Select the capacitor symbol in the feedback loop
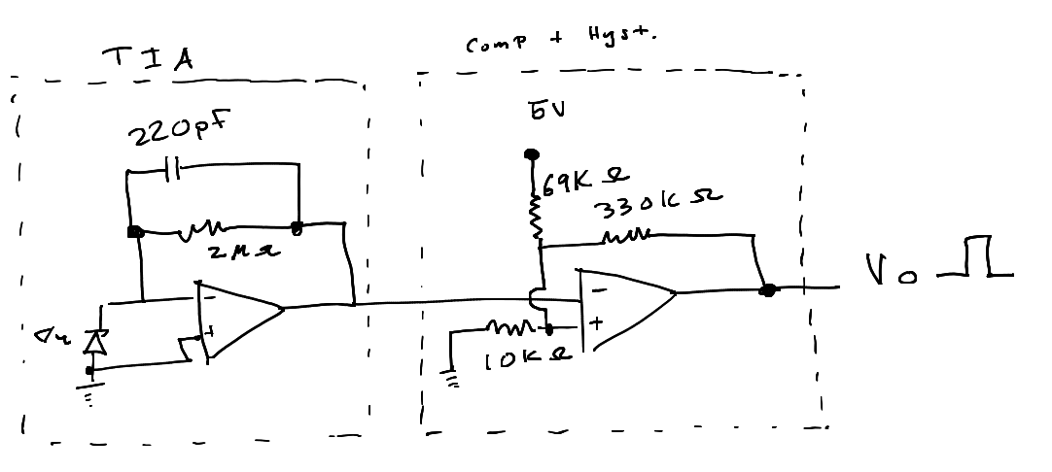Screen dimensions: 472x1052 coord(171,171)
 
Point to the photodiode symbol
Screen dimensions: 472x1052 coord(93,342)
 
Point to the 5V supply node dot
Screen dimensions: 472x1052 coord(531,154)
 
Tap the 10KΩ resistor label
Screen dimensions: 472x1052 coord(528,362)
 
